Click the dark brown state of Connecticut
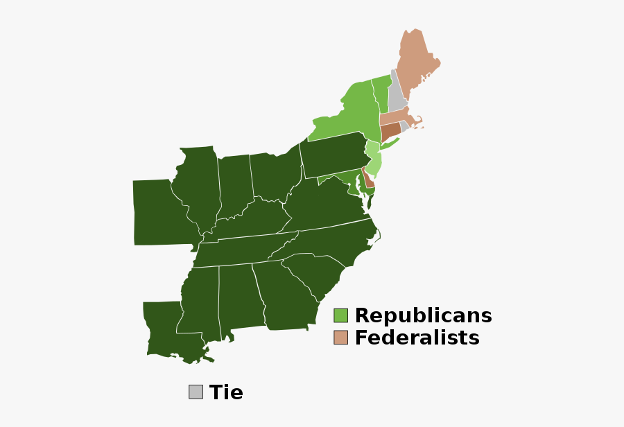point(390,130)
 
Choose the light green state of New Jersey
point(374,161)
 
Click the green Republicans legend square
point(340,315)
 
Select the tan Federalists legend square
point(340,338)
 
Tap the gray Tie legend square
point(196,392)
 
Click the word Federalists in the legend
point(417,338)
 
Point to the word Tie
point(226,392)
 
